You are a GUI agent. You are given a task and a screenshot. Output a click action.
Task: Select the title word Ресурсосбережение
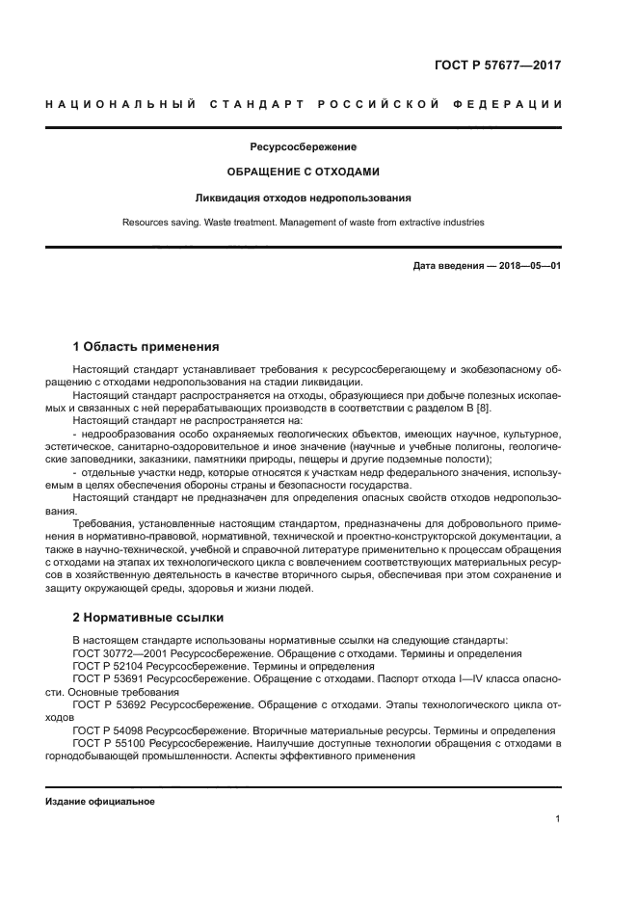point(304,147)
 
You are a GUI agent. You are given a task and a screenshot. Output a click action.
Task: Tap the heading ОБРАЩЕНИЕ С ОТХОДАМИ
point(304,172)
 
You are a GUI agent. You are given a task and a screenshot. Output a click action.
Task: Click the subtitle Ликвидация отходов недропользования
point(304,198)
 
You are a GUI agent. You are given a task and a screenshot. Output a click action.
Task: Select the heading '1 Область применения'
point(146,346)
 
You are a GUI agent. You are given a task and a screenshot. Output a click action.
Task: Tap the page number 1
point(558,819)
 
